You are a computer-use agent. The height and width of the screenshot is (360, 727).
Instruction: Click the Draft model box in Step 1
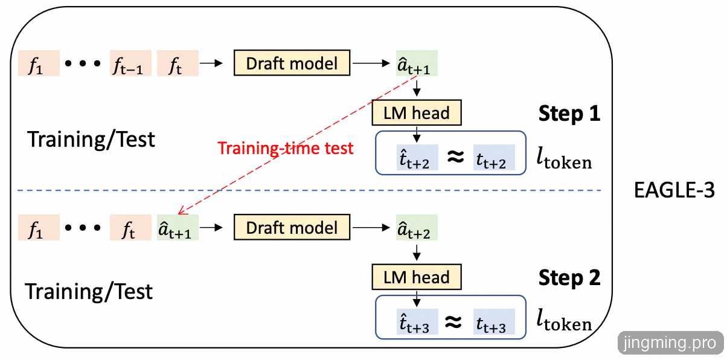point(292,63)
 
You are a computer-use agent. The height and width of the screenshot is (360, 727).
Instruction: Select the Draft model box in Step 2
point(292,228)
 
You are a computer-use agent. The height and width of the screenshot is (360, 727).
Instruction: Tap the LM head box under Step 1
point(417,113)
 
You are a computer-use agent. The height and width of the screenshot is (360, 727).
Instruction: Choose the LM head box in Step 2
point(417,278)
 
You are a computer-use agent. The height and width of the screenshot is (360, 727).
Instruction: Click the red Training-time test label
point(286,149)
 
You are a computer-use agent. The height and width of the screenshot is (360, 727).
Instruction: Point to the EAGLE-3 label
point(674,191)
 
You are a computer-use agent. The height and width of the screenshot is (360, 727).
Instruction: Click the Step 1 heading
point(569,114)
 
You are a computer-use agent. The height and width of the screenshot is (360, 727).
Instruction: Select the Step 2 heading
point(569,278)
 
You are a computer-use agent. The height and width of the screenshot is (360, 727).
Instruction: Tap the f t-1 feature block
point(127,63)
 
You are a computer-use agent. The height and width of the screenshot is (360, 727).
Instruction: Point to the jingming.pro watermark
point(671,343)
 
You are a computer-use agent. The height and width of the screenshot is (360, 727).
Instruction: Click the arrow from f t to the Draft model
point(211,63)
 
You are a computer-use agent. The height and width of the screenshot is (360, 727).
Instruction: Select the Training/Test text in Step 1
point(91,140)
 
